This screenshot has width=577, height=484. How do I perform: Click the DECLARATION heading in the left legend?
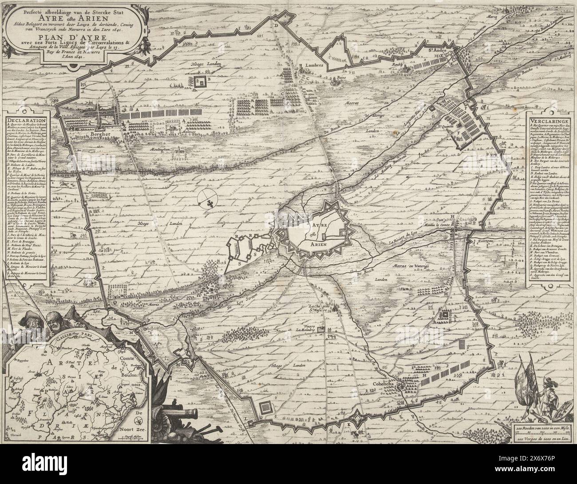27,120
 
